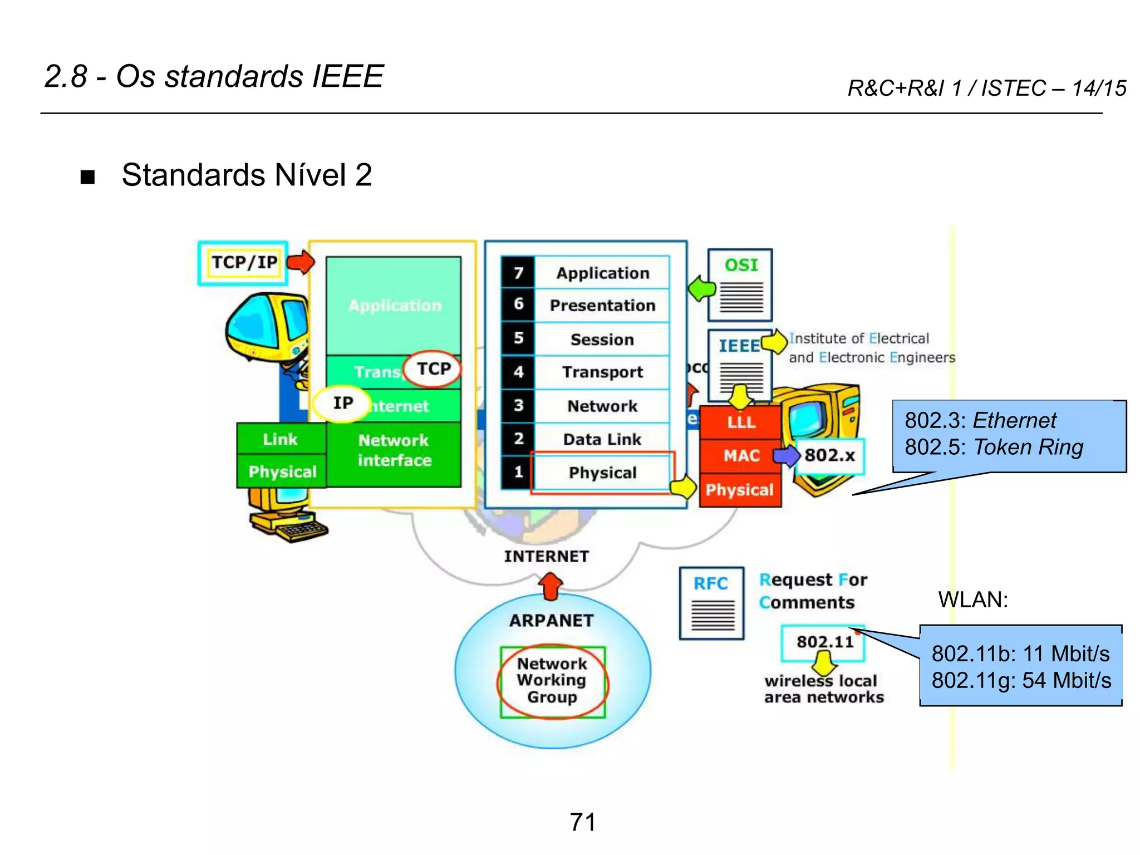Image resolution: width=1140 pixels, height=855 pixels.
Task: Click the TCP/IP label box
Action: [243, 263]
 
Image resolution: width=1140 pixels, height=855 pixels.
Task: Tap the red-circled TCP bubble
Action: [433, 368]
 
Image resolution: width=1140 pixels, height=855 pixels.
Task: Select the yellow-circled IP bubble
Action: [342, 403]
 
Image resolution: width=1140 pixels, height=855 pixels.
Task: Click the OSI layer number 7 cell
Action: [518, 273]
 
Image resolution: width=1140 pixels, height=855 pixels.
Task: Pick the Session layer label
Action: [602, 340]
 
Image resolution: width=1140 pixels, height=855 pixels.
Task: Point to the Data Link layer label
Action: [602, 440]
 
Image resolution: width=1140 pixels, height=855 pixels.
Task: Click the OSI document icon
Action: [740, 285]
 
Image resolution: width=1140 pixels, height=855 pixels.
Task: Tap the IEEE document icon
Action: [739, 365]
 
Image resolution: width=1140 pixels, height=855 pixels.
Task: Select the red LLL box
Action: [741, 422]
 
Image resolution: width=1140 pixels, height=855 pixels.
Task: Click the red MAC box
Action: [741, 456]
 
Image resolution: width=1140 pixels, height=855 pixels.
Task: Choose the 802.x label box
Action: [829, 456]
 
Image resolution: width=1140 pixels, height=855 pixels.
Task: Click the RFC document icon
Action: [711, 603]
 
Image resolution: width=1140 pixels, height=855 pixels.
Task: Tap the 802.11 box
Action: [823, 642]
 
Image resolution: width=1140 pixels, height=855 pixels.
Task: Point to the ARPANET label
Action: [551, 621]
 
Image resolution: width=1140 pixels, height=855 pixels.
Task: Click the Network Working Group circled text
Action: [552, 681]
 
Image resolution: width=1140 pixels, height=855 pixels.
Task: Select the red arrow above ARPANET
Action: [551, 587]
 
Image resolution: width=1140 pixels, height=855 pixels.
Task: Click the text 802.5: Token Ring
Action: [994, 448]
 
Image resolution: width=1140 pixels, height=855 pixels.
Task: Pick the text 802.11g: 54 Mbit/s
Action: [1021, 681]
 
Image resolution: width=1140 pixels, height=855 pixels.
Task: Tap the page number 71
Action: [583, 822]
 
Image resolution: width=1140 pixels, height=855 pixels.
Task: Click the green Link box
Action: [281, 439]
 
